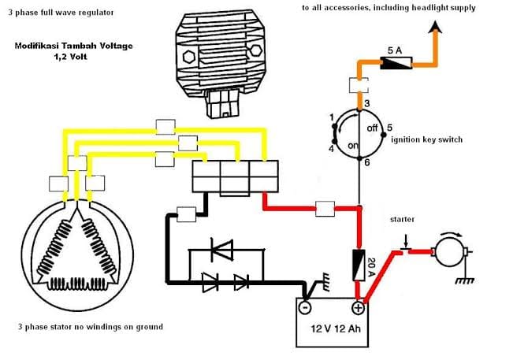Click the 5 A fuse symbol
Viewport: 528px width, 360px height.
tap(396, 63)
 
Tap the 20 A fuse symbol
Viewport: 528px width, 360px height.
tap(359, 265)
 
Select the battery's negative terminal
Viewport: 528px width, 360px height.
tap(305, 307)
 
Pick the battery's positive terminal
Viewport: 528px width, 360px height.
tap(358, 307)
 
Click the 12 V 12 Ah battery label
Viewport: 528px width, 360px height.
tap(336, 328)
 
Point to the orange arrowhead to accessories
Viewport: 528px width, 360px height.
tap(435, 27)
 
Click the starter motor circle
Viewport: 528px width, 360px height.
tap(449, 251)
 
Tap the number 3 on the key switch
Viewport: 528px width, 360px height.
tap(367, 103)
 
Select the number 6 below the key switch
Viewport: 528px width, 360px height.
tap(367, 162)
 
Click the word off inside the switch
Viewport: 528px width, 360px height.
tap(372, 128)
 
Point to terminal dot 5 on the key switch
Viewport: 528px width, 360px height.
tap(383, 135)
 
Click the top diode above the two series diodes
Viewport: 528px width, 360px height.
tap(221, 250)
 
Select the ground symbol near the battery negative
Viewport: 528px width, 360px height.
tap(325, 281)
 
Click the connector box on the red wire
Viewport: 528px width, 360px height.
tap(325, 209)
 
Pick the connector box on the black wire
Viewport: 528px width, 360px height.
tap(186, 214)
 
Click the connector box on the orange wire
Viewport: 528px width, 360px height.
tap(359, 85)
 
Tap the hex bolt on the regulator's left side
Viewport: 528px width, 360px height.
tap(188, 57)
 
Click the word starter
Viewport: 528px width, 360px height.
tap(402, 219)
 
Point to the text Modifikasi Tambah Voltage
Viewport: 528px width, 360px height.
tap(74, 46)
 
